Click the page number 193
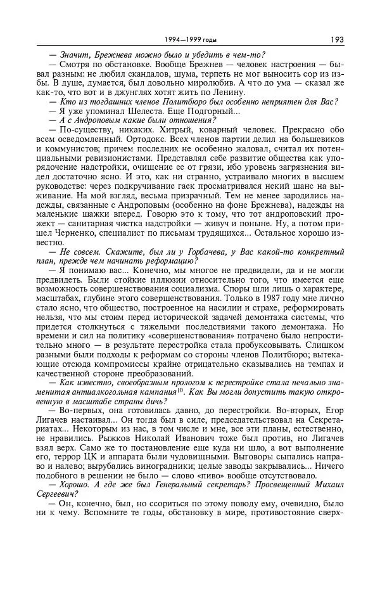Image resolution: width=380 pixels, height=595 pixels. click(336, 39)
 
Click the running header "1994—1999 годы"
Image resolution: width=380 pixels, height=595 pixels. click(190, 40)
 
